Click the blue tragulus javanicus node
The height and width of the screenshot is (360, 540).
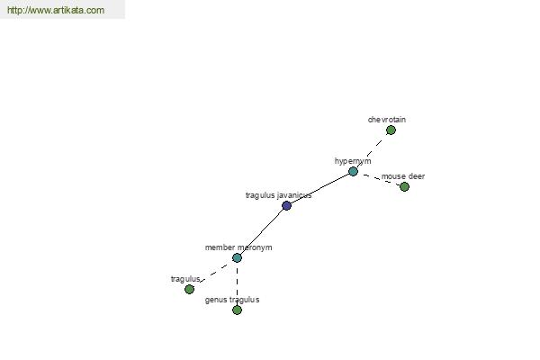(286, 206)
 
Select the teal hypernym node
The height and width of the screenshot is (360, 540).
(353, 171)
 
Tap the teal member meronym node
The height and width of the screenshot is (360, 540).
(237, 257)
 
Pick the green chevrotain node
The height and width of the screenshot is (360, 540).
(391, 130)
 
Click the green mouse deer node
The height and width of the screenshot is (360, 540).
(404, 186)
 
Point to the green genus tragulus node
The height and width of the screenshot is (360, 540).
(237, 310)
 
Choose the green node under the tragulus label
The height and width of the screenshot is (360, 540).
(189, 289)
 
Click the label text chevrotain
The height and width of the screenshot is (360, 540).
(387, 120)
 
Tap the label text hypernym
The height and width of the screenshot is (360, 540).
(353, 161)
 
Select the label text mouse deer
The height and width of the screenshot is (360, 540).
(403, 176)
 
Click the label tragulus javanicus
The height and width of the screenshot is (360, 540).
(278, 195)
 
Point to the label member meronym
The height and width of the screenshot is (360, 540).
(238, 247)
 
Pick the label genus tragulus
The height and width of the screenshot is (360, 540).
(232, 300)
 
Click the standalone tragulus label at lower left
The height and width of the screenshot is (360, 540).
(185, 279)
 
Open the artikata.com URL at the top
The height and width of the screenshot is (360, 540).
(56, 10)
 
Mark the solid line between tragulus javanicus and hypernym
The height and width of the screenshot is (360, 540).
(319, 188)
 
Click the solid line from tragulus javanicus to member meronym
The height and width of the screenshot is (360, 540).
(262, 232)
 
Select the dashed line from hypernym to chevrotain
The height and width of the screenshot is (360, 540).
(372, 150)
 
